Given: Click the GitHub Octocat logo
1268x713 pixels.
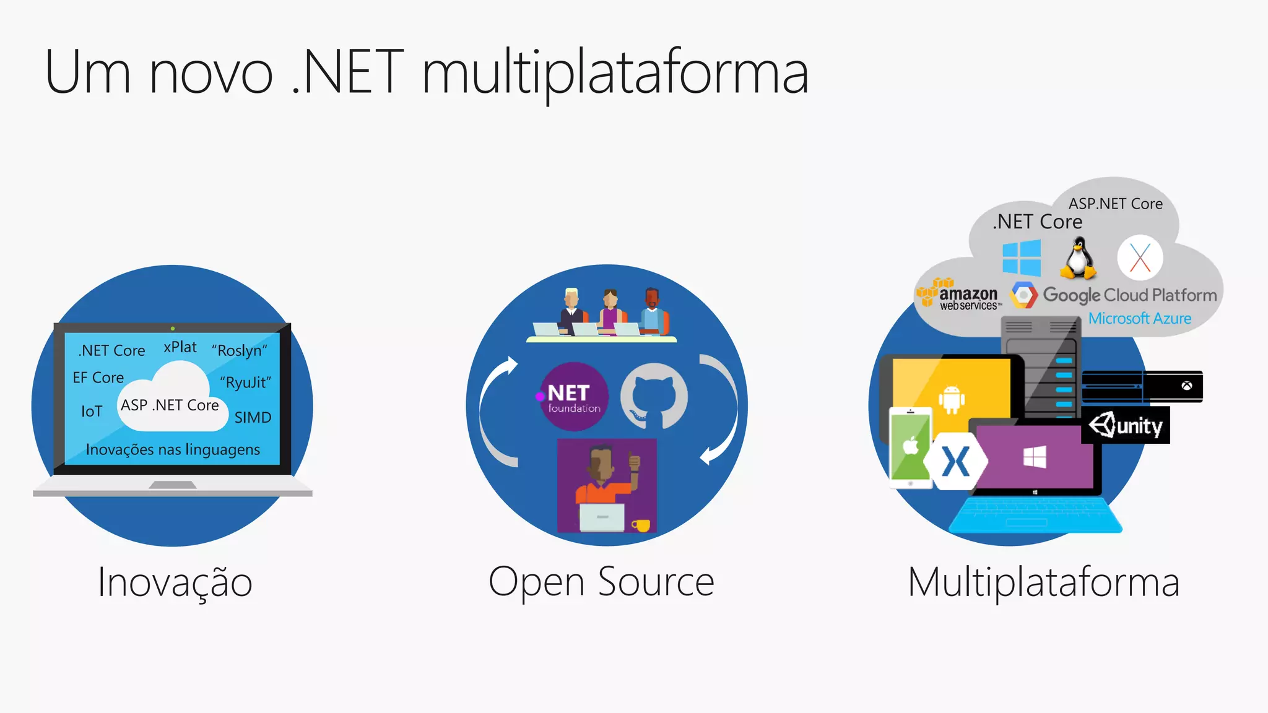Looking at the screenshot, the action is (654, 396).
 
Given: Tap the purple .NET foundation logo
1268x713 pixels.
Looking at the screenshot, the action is (574, 397).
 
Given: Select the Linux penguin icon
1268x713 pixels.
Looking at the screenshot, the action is (1078, 259).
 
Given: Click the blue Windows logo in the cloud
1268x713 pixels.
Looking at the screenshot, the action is (1022, 258).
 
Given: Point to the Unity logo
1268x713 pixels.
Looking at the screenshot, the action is (1126, 426).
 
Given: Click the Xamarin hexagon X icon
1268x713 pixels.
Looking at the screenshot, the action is (955, 462).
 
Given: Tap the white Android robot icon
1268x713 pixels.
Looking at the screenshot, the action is (952, 399).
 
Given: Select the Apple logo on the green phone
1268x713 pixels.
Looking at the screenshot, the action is (911, 445).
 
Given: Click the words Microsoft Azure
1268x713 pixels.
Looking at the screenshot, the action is (1140, 319).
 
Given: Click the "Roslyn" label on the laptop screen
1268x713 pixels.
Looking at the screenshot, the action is (240, 350).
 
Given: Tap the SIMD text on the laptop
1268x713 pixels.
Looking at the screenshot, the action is (253, 418).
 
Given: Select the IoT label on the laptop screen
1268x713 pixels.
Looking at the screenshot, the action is (92, 412).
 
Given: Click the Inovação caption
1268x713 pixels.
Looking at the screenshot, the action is (175, 582).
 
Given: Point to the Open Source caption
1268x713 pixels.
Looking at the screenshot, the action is (601, 582).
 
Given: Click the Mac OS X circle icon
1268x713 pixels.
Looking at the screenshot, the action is (1140, 258).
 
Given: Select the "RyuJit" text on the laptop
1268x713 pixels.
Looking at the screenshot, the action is (246, 382).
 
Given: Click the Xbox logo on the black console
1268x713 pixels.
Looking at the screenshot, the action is (1186, 386).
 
